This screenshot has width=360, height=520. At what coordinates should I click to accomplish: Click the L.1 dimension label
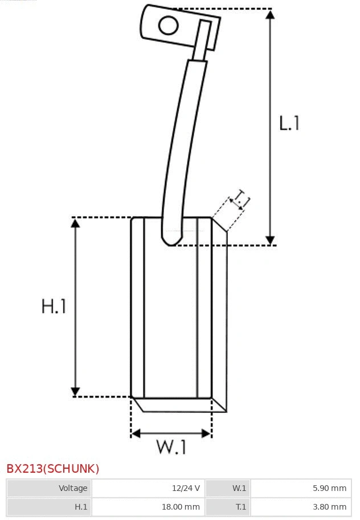[289, 123]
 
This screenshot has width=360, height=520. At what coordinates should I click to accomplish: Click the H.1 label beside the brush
[54, 306]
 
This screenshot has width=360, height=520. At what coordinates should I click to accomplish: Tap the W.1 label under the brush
[171, 447]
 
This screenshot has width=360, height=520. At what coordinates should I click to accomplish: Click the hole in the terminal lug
[168, 26]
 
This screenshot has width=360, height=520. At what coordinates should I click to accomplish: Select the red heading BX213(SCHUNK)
[53, 469]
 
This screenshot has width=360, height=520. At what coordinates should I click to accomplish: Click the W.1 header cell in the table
[227, 488]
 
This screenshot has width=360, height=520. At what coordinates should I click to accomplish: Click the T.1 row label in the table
[227, 506]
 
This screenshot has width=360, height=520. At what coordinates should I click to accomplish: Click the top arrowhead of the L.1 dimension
[270, 15]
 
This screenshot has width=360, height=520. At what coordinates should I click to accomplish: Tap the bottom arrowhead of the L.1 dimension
[270, 240]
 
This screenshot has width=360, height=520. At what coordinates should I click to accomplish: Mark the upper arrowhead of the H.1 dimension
[75, 223]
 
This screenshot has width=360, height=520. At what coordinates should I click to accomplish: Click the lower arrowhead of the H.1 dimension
[75, 391]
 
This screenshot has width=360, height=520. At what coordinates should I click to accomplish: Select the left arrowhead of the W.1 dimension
[136, 433]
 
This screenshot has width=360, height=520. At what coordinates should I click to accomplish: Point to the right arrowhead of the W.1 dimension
[207, 433]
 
